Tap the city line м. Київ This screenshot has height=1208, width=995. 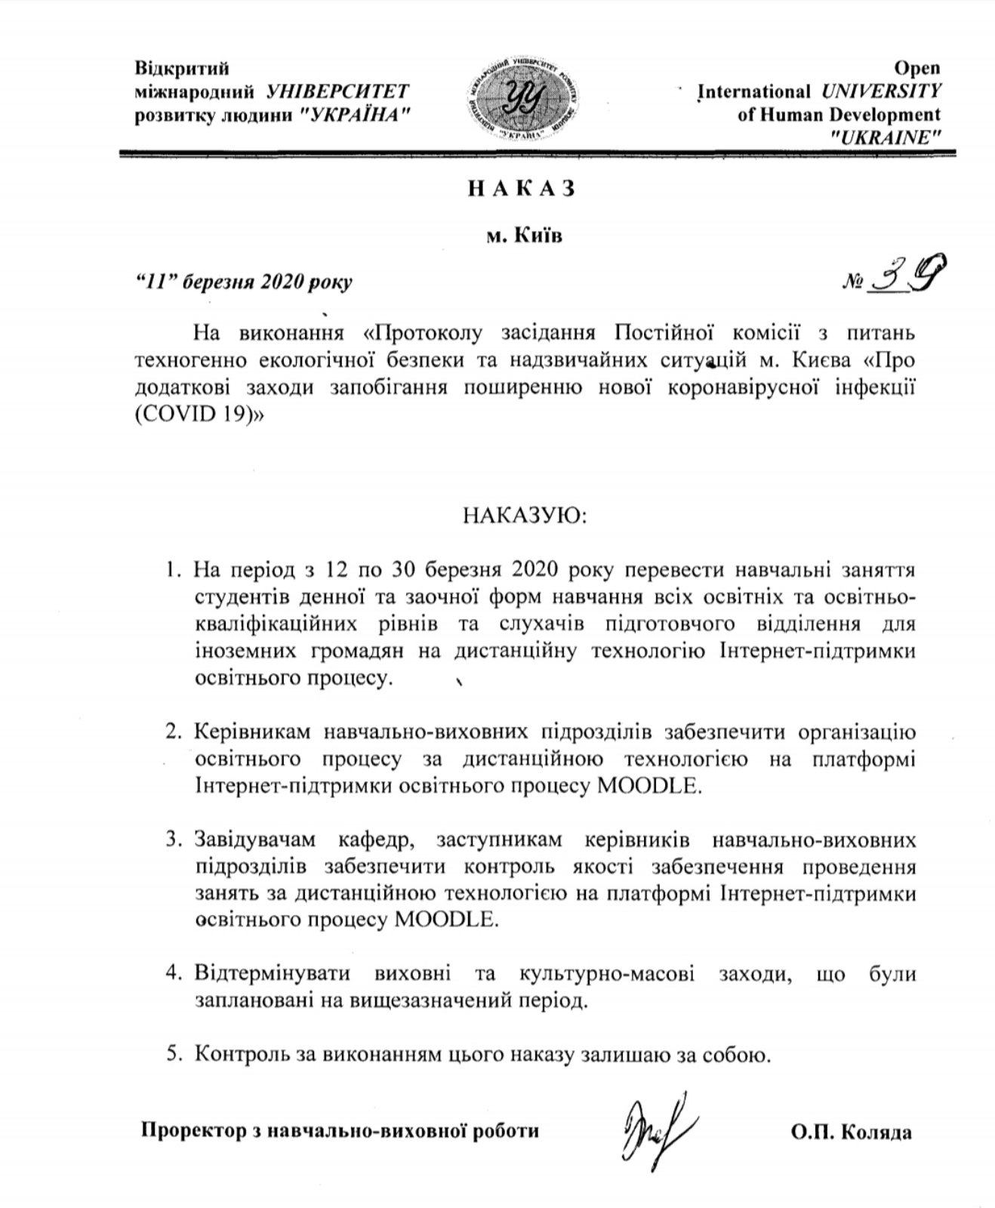524,236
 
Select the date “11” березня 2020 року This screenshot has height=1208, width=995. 243,282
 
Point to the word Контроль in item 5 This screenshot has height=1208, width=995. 240,1054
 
